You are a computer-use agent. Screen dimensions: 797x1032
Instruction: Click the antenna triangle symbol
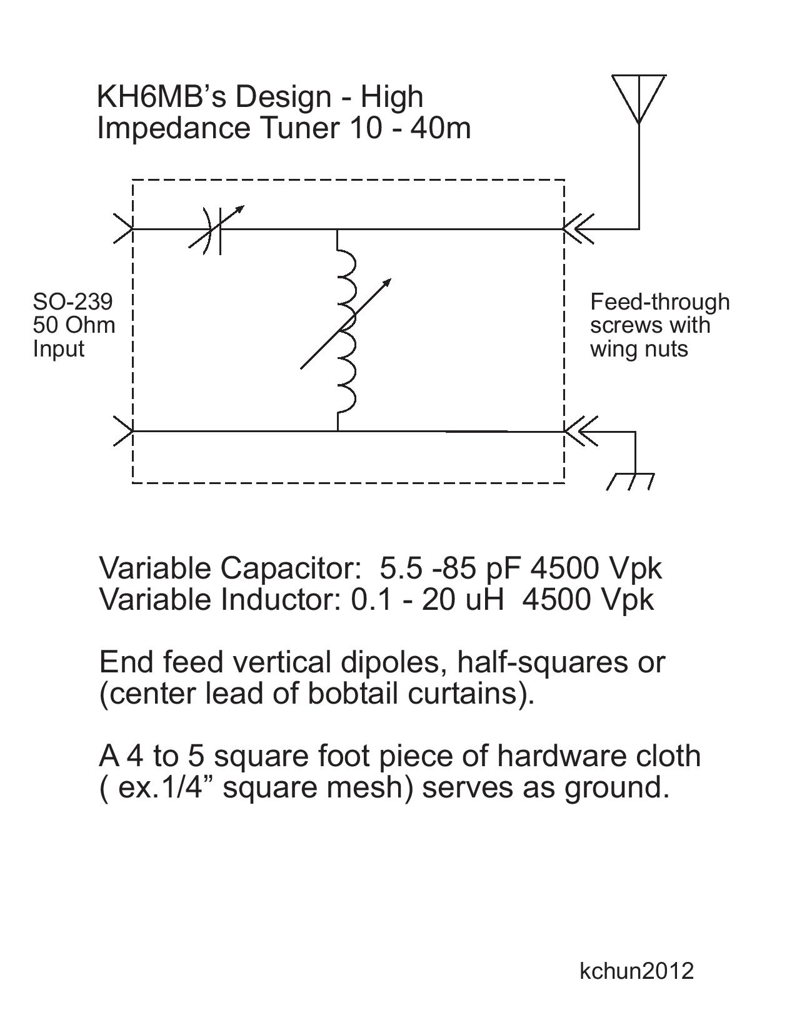pyautogui.click(x=638, y=99)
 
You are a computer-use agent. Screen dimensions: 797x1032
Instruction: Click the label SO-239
pyautogui.click(x=73, y=301)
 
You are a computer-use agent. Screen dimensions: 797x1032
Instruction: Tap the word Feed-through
pyautogui.click(x=660, y=303)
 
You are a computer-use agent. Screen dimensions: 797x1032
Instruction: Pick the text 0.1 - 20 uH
pyautogui.click(x=427, y=599)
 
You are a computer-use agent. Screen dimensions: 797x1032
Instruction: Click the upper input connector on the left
pyautogui.click(x=123, y=229)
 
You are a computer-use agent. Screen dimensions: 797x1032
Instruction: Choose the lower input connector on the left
pyautogui.click(x=123, y=431)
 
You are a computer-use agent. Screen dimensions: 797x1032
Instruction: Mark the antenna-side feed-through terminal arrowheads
pyautogui.click(x=579, y=229)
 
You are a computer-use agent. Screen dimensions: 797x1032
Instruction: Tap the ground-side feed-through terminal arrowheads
pyautogui.click(x=580, y=432)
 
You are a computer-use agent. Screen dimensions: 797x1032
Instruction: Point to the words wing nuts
pyautogui.click(x=639, y=349)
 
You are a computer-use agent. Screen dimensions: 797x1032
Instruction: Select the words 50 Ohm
pyautogui.click(x=74, y=325)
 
